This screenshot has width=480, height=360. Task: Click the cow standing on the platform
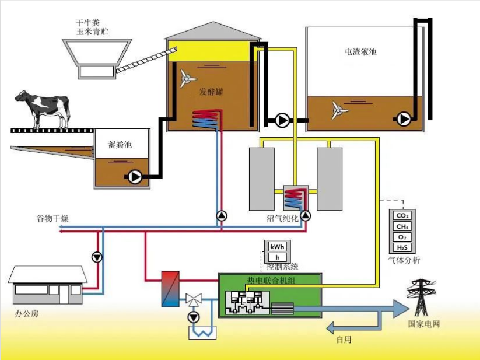coord(42,109)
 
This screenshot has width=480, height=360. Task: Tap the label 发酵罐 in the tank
coord(211,92)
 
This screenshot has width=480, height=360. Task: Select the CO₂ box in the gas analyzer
coord(401,216)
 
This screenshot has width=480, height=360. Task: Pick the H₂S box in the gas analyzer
coord(401,247)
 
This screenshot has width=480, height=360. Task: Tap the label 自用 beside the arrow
coord(343,340)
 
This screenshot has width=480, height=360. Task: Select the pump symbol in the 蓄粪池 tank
coord(135,177)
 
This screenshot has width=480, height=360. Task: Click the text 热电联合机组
coord(269,281)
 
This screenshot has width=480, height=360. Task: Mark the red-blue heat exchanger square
coord(170,288)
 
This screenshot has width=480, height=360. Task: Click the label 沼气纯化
coord(282,218)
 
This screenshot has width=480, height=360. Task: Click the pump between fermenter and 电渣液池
coord(282,121)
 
